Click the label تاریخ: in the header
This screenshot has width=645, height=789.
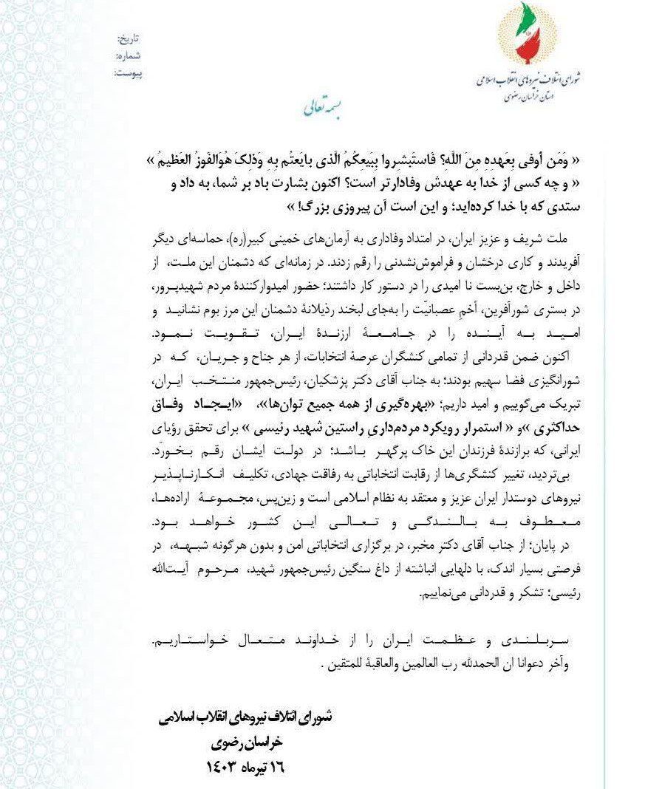[130, 38]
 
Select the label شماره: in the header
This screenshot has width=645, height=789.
[129, 55]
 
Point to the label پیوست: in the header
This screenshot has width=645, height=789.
[129, 73]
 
